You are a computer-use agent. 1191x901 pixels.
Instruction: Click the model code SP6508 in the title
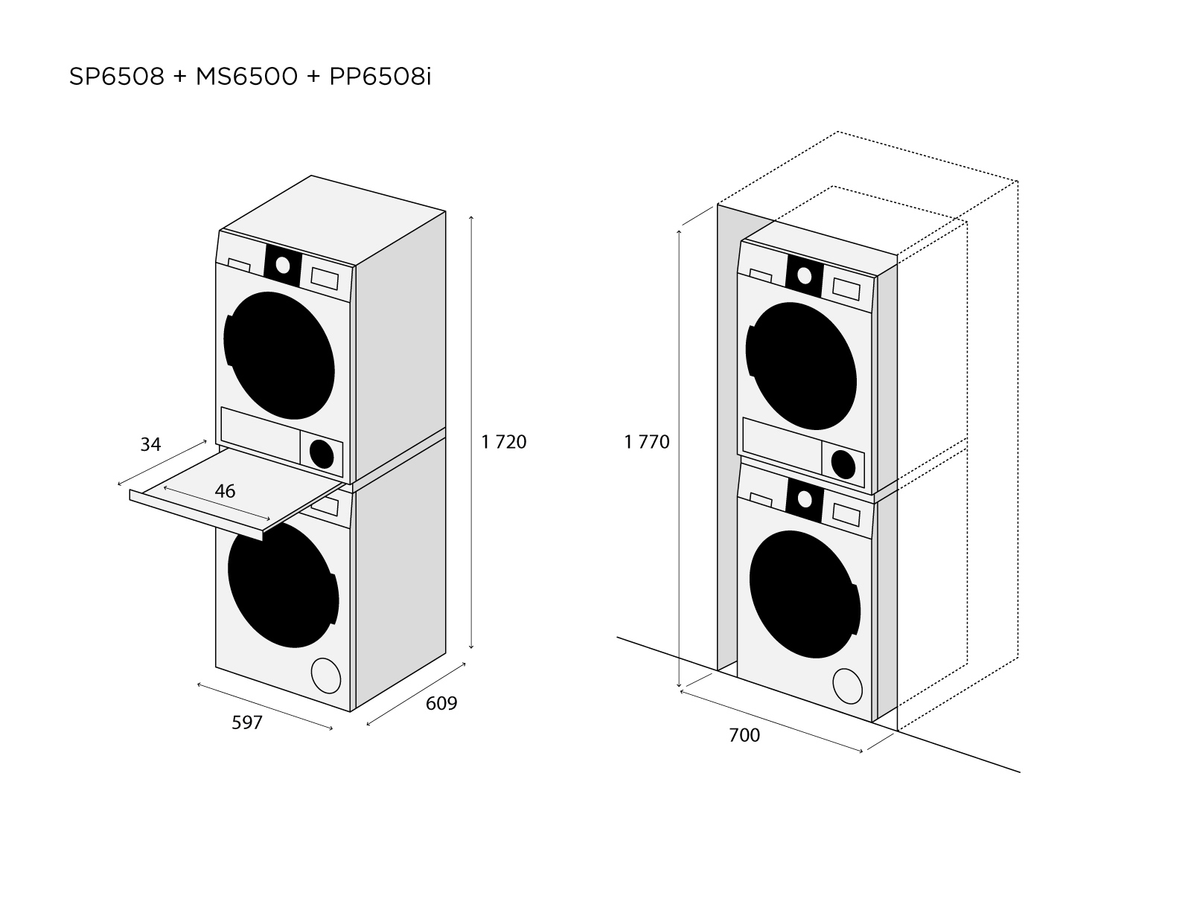tap(116, 77)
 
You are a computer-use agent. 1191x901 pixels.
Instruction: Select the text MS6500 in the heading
tap(246, 77)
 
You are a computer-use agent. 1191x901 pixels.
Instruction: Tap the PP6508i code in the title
tap(380, 77)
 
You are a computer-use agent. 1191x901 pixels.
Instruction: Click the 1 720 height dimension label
tap(504, 442)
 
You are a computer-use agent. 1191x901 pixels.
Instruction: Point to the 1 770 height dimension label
tap(647, 442)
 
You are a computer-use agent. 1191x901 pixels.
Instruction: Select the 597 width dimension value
tap(247, 722)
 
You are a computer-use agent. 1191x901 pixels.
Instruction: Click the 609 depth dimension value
tap(441, 702)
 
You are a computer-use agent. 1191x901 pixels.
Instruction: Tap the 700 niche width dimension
tap(744, 735)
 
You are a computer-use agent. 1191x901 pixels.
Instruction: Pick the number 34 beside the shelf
tap(150, 444)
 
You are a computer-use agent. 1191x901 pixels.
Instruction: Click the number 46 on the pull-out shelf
tap(225, 491)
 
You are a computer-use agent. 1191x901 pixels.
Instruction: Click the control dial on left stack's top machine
tap(282, 264)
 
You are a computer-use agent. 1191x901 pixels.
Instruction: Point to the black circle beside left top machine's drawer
tap(322, 454)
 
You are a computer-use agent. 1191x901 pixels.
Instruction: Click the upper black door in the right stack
tap(801, 365)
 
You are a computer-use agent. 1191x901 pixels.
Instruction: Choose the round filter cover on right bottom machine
tap(847, 685)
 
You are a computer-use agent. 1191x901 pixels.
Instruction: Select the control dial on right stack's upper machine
tap(804, 275)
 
